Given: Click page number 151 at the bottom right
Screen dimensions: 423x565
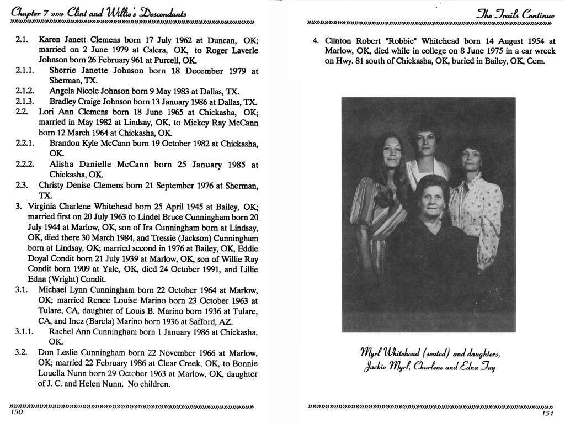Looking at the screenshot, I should (x=547, y=414).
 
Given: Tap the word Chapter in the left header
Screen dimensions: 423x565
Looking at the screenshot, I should (x=26, y=12).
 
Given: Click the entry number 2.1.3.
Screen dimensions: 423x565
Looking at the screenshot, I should (x=25, y=102).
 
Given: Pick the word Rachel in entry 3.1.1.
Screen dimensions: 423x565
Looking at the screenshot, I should (x=62, y=331).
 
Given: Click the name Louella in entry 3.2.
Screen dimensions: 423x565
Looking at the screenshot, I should (x=53, y=374).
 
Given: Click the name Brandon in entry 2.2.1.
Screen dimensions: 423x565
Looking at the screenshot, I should (x=66, y=143).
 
